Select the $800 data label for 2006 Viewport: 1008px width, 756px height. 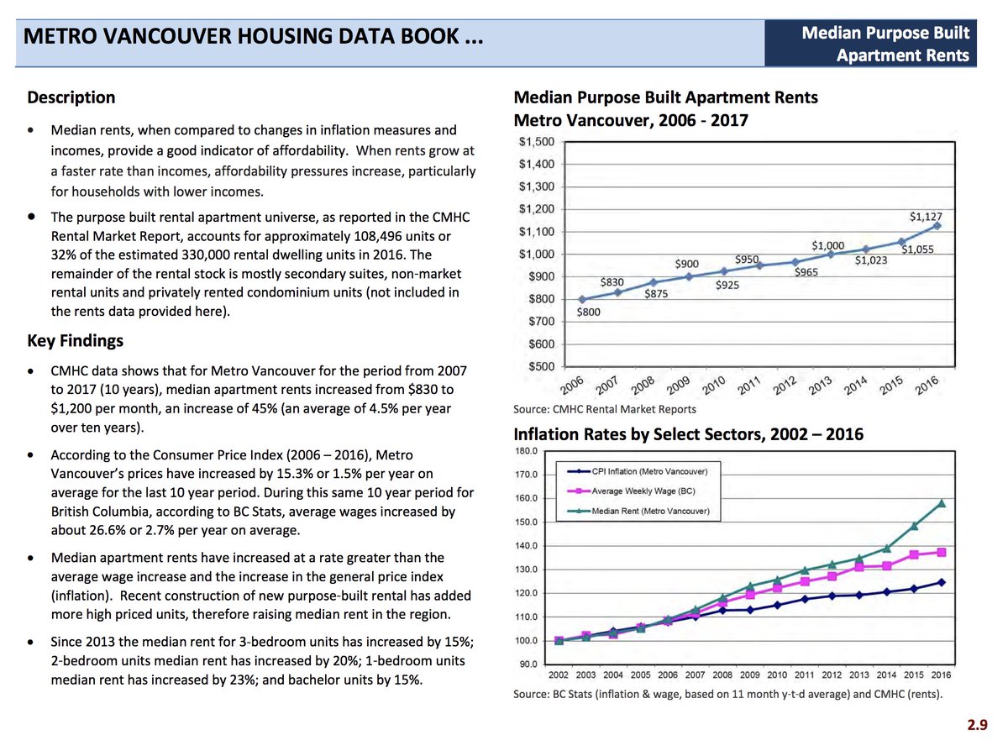[589, 312]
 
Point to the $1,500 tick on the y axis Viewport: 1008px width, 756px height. [536, 141]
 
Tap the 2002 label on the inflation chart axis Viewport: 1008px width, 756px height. [559, 675]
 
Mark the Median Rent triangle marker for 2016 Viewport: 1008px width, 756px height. [942, 503]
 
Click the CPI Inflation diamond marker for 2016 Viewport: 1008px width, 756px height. [942, 581]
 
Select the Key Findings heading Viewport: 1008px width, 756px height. [75, 340]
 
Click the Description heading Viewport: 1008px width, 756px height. [71, 97]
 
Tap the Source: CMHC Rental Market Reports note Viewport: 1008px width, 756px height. [604, 409]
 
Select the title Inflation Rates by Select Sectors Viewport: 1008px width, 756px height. [688, 434]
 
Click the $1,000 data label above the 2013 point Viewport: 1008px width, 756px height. [827, 245]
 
